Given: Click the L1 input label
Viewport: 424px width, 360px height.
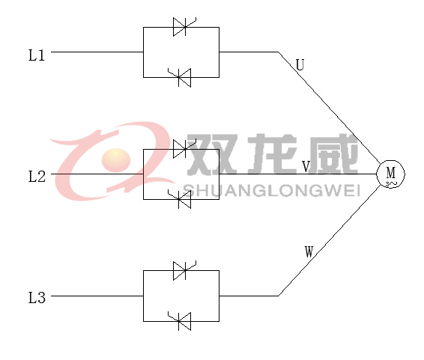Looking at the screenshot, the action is pos(37,55).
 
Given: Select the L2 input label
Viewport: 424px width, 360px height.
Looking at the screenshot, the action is pos(37,177).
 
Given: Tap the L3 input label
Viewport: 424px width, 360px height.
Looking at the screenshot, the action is pos(37,298).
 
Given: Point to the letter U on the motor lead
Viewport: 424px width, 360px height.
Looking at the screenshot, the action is pos(300,65).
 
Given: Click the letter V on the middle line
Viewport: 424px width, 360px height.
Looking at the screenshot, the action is pos(306,167).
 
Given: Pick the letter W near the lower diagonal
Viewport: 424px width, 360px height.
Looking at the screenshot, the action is pos(309,252).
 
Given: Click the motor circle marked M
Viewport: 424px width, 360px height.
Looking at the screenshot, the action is pos(391,174).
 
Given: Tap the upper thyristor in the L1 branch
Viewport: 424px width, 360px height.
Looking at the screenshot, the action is pos(184,27).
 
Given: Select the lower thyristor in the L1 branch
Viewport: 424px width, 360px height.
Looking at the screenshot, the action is pos(180,78).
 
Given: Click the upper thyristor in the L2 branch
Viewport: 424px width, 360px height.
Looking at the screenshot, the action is pos(184,149).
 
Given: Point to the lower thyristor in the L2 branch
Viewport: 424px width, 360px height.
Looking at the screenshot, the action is pos(180,199).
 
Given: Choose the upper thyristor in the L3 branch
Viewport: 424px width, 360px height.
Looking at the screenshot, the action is pos(184,270).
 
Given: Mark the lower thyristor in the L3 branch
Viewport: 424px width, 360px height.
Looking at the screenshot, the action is pos(180,321).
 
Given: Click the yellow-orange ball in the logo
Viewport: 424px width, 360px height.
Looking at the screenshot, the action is pos(116,160).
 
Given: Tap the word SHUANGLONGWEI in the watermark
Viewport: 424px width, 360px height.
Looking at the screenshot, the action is pos(271,190).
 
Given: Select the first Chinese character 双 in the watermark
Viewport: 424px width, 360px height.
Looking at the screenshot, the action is pos(213,154).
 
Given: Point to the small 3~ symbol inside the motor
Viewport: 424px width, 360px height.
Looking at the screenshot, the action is pos(391,184).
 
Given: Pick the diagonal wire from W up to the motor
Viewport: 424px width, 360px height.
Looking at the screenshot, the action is pos(329,241).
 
